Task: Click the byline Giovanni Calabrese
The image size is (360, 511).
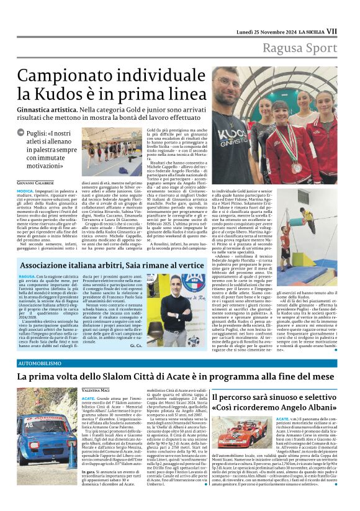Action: click(x=35, y=183)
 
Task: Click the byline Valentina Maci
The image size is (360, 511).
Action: click(x=95, y=389)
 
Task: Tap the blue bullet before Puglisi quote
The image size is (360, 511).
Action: click(x=21, y=133)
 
